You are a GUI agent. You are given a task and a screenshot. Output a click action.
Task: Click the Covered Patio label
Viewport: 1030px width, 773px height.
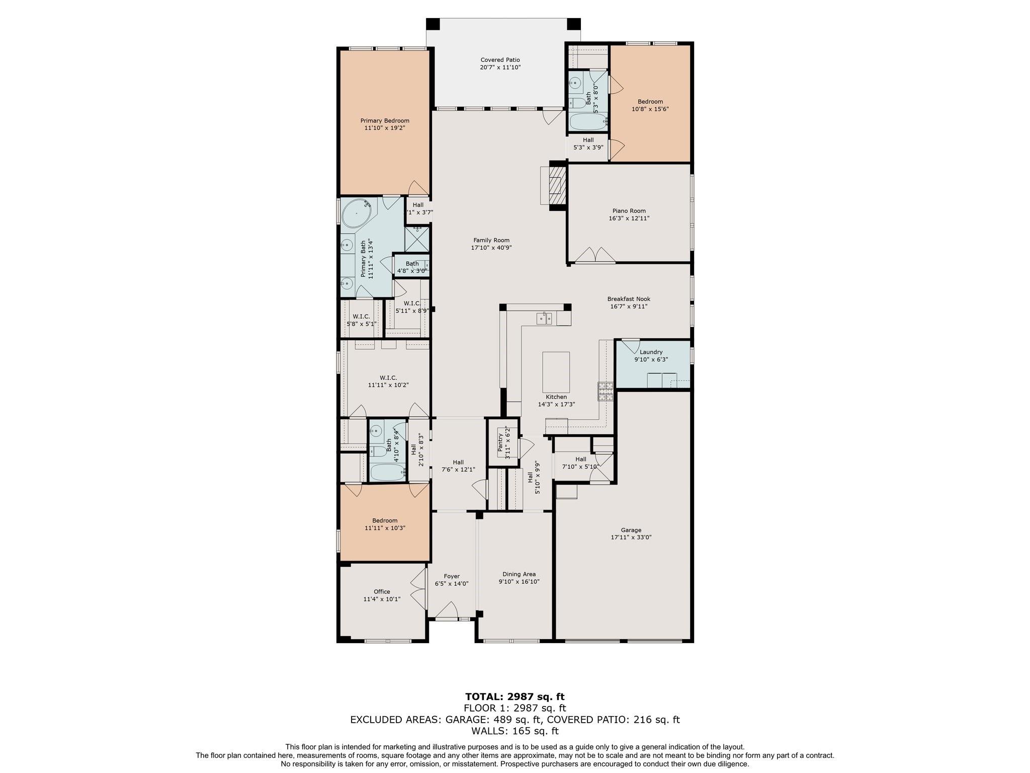click(x=500, y=60)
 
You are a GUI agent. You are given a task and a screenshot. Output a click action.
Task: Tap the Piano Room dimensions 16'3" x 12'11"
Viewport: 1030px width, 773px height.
click(x=629, y=218)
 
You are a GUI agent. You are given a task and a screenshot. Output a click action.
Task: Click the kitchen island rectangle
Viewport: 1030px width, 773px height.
click(x=556, y=372)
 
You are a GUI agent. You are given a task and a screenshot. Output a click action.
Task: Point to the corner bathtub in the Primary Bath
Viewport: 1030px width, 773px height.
click(x=357, y=213)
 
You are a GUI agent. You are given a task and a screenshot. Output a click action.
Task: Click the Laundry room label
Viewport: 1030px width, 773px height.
click(x=651, y=352)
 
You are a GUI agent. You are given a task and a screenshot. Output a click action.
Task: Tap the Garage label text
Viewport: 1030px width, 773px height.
click(x=631, y=530)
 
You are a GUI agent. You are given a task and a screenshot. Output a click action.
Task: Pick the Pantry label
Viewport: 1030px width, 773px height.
click(x=500, y=443)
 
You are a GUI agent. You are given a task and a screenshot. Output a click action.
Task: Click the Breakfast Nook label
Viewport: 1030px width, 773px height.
click(x=629, y=299)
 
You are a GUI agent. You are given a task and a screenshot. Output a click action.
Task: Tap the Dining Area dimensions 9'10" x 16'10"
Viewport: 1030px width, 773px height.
click(x=519, y=582)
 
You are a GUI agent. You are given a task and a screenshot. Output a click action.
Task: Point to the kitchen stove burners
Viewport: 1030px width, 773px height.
click(x=606, y=392)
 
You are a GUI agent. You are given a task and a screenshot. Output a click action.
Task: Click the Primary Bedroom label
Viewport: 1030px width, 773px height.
click(x=385, y=121)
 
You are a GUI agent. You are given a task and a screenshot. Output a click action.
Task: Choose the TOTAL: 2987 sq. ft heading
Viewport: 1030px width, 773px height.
click(x=514, y=697)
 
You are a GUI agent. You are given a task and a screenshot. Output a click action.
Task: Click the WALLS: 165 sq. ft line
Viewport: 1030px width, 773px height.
click(x=514, y=731)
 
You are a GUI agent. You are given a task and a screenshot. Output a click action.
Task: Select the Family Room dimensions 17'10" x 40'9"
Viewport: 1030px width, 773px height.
click(x=491, y=248)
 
